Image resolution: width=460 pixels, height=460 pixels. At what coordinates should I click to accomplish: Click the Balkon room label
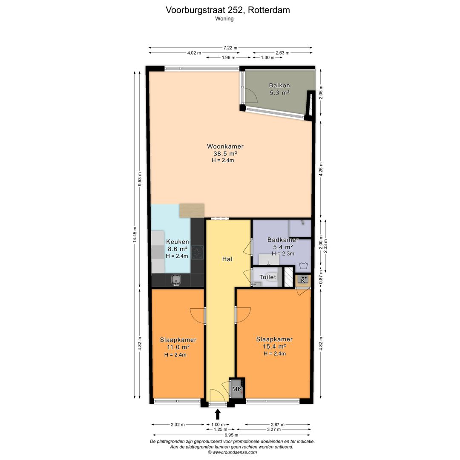coord(279,85)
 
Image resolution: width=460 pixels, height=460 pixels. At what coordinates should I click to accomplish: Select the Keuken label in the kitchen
coord(177,242)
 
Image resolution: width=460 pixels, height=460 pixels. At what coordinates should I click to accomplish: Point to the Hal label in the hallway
coord(227,259)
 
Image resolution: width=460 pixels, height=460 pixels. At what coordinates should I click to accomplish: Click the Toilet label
coord(268,277)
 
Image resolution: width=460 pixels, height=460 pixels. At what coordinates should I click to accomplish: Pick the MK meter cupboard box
coord(237,389)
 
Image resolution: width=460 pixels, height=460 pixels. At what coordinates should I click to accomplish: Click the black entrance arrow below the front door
coord(218,414)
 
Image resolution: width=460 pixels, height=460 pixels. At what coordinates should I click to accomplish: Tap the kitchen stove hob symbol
coord(197,253)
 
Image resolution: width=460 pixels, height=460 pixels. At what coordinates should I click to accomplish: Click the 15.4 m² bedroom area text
coord(274,347)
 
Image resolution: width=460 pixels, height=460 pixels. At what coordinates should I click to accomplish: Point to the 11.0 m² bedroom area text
coord(178,347)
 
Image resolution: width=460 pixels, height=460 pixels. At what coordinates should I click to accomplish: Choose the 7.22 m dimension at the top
coord(230,48)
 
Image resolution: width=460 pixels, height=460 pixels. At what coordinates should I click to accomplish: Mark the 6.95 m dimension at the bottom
coord(230,435)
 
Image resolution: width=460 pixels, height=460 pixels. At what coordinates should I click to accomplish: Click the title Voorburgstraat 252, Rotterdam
coord(228,10)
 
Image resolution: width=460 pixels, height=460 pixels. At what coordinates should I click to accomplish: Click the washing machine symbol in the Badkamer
coord(303,266)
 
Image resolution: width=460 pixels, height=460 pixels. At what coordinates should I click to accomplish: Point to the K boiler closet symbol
coord(303,280)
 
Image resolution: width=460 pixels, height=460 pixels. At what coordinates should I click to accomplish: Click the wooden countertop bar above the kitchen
coord(191,210)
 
